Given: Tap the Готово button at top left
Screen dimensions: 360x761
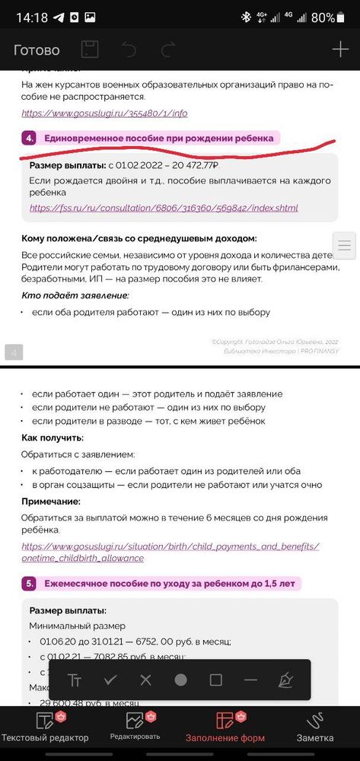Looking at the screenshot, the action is (37, 50).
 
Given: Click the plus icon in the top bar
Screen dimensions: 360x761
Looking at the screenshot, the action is (339, 50).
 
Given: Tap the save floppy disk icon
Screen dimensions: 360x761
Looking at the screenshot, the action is (90, 50).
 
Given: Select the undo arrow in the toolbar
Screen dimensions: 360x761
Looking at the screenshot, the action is (129, 50).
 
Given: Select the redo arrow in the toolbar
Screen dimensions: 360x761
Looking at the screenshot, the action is (168, 50).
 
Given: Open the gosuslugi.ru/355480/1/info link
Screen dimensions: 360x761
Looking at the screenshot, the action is (104, 113).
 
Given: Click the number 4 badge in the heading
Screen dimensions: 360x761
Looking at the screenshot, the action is (30, 138).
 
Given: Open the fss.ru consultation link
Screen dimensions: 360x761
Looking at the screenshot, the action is (164, 208).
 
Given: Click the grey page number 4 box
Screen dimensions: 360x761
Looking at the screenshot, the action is (15, 352).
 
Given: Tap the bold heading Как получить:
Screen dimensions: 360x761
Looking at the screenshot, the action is (53, 438).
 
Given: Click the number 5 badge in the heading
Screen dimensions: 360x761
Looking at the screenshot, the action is (30, 584).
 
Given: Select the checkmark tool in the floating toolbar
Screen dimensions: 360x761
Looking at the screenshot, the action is (110, 680).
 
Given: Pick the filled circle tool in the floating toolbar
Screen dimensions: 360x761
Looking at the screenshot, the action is (180, 680).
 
